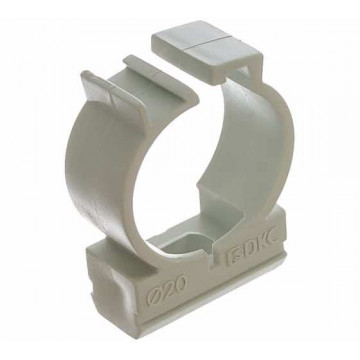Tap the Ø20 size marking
click(x=167, y=289)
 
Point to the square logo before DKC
click(x=235, y=257)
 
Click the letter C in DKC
click(x=278, y=238)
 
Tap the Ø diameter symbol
click(x=154, y=294)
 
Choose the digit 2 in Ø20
click(x=168, y=289)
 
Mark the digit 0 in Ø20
click(x=180, y=284)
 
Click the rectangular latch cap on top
click(x=207, y=48)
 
